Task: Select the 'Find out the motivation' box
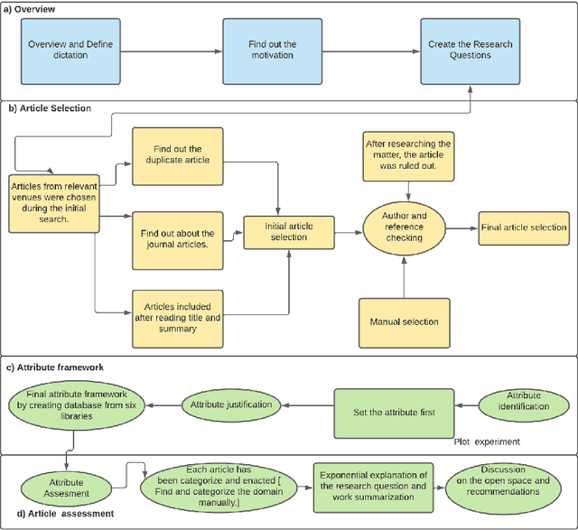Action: click(272, 51)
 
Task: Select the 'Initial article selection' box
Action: click(285, 231)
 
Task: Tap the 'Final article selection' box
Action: click(524, 228)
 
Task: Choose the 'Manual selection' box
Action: click(405, 321)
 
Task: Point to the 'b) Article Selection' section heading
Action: click(50, 108)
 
